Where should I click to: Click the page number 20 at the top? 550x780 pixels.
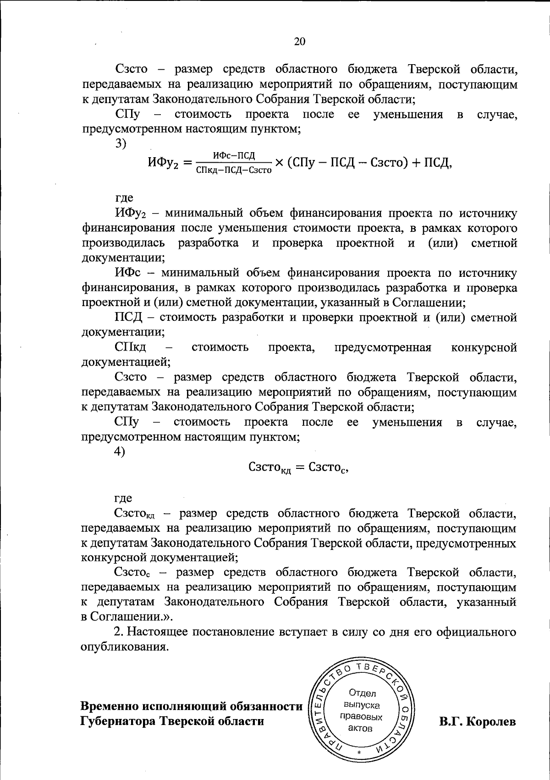click(x=299, y=42)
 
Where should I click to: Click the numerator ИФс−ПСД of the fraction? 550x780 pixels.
click(x=234, y=155)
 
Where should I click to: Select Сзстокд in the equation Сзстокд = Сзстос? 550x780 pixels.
click(x=270, y=468)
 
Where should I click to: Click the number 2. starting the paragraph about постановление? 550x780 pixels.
click(x=119, y=632)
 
